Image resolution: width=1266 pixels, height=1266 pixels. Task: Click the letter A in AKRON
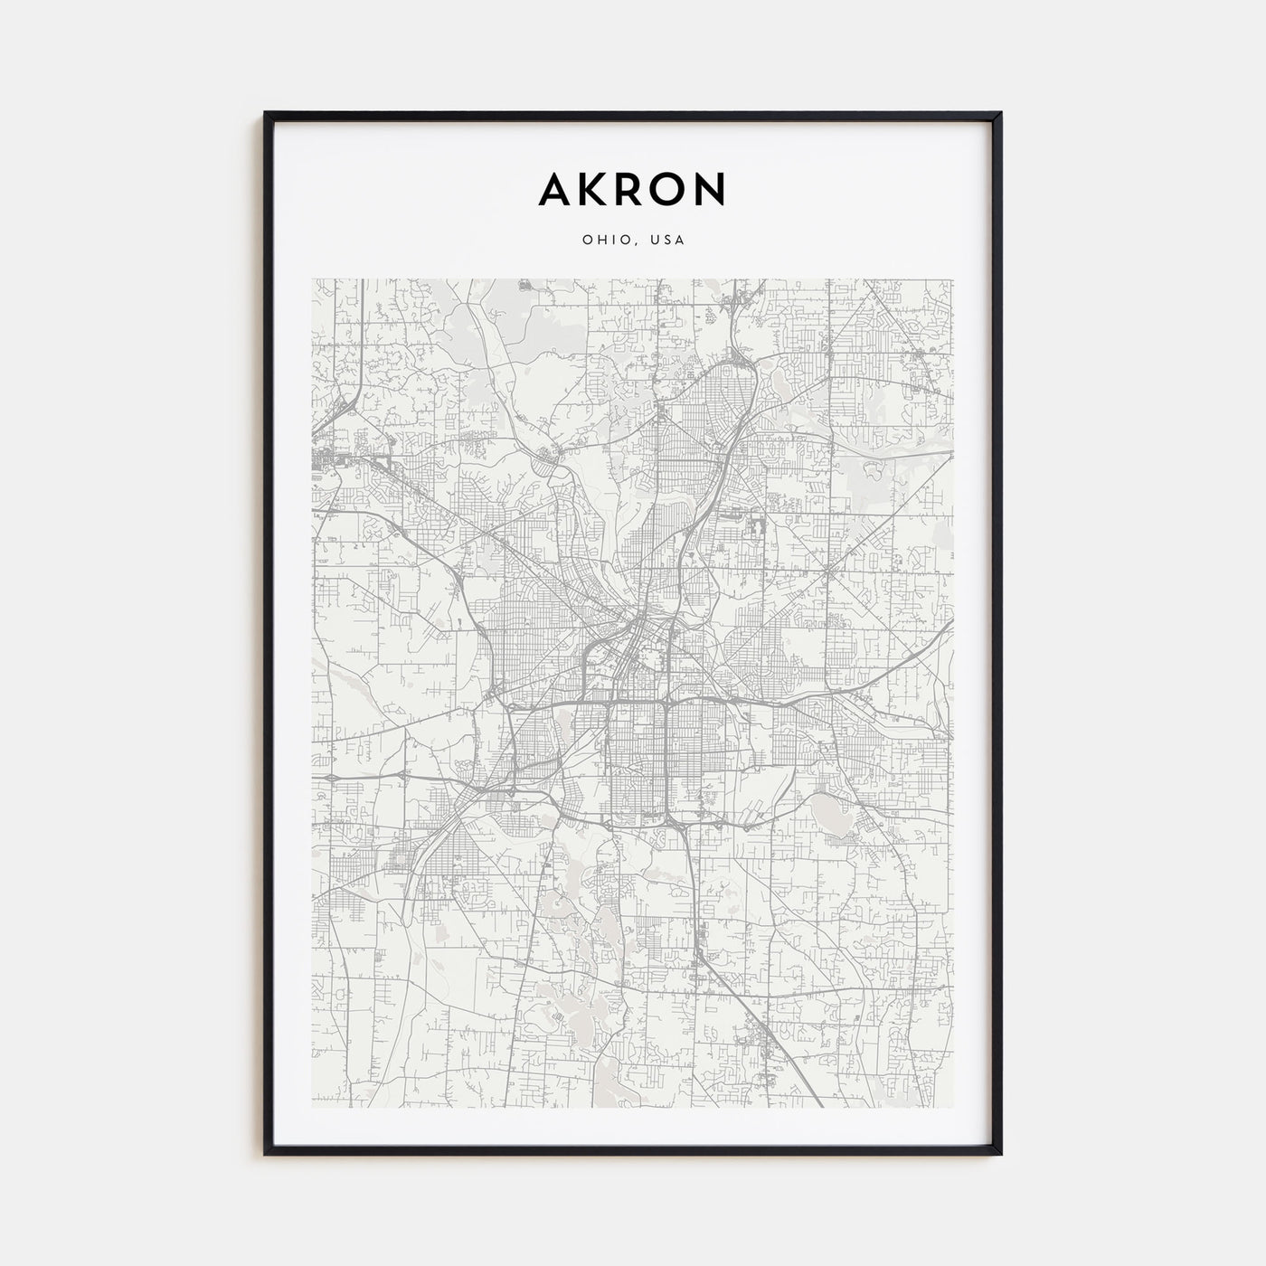(554, 189)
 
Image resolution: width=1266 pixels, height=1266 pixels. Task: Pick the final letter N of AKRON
(712, 189)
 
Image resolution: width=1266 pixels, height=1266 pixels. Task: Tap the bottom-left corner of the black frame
(266, 1152)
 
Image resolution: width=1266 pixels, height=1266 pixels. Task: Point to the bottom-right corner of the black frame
(1000, 1152)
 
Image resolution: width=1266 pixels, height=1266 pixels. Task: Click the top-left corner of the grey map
(312, 279)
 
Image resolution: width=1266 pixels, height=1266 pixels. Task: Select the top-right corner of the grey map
(953, 279)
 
